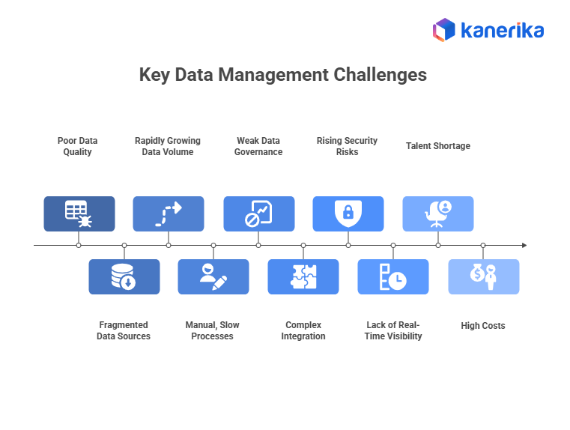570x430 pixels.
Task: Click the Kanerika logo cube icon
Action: [444, 30]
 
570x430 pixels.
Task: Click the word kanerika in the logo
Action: [501, 31]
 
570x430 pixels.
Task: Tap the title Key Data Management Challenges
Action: [283, 75]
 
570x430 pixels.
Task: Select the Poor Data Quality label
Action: [78, 146]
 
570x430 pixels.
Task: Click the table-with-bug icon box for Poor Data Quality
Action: [79, 214]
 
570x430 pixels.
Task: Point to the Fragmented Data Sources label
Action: [124, 331]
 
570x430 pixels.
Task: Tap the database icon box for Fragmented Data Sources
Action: [124, 276]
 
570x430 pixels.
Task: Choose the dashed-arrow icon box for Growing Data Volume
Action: [169, 214]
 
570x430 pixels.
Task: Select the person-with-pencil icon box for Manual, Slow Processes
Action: [213, 276]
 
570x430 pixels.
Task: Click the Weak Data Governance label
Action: [258, 146]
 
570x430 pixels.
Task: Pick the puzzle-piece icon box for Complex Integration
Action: [303, 276]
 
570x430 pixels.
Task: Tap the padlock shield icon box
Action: [348, 214]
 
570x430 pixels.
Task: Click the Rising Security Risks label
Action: [348, 146]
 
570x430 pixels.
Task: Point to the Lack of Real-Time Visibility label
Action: [394, 331]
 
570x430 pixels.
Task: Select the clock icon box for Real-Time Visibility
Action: [393, 276]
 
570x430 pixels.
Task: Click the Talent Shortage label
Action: [438, 146]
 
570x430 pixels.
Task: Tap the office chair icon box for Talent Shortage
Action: [438, 214]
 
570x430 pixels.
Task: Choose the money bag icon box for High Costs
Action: [483, 276]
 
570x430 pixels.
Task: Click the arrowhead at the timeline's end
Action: [524, 245]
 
